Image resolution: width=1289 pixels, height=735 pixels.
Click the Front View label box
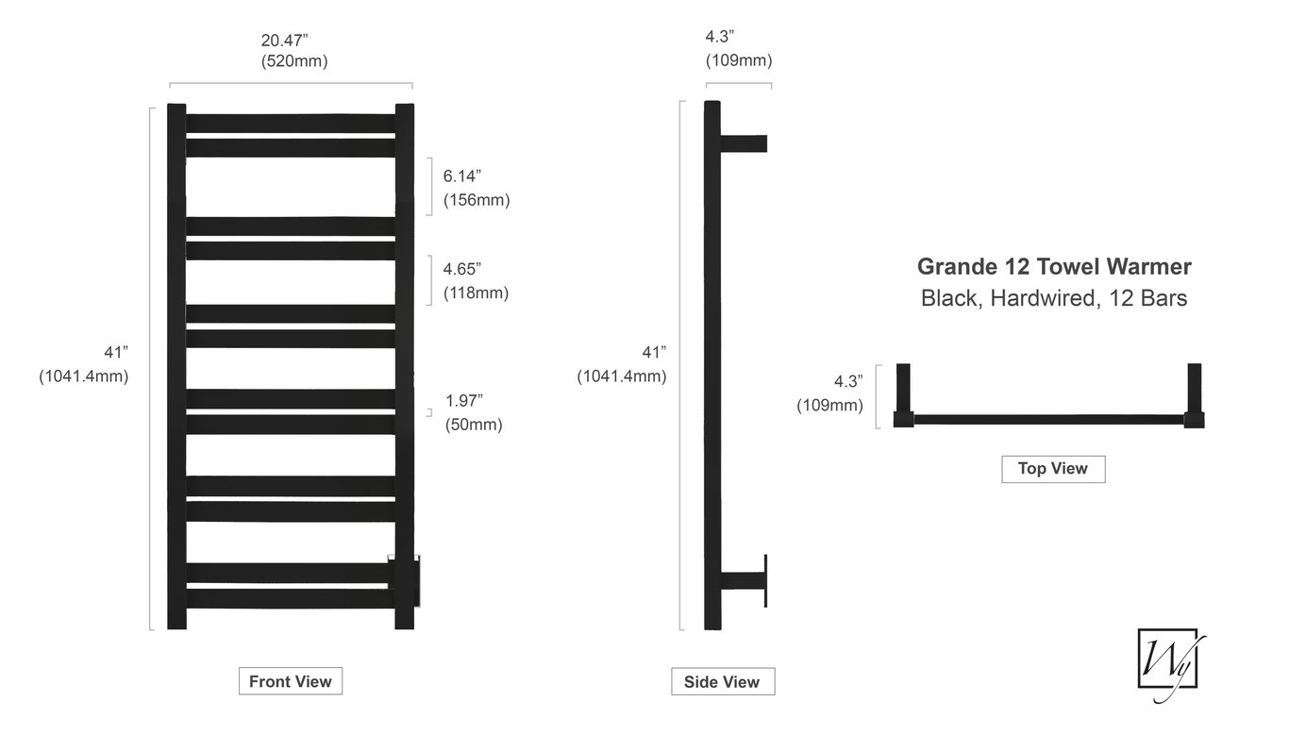290,681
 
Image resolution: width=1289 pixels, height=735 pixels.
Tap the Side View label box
722,682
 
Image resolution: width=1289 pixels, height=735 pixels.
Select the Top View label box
1052,469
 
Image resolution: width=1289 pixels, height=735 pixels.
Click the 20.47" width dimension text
285,41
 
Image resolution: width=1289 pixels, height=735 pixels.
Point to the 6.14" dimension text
462,175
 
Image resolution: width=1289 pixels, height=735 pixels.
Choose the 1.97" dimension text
464,400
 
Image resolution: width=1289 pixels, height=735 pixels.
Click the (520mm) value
294,61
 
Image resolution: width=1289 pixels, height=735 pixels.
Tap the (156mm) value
477,200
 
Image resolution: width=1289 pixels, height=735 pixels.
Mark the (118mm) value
476,292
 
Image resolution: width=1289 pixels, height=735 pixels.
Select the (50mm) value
474,425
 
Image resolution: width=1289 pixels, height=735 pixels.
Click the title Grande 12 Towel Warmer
1054,267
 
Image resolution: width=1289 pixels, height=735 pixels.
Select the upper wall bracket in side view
744,143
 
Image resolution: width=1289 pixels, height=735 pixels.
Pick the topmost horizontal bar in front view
290,124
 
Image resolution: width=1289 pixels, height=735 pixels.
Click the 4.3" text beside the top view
848,382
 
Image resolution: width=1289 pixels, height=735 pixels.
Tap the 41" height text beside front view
116,352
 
